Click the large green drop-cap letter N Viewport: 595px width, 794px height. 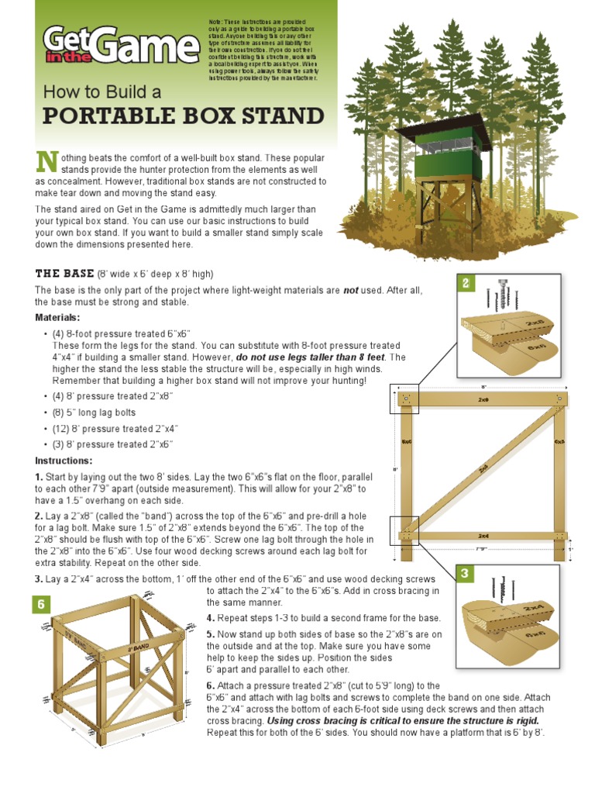[x=47, y=162]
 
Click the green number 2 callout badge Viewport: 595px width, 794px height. [x=466, y=284]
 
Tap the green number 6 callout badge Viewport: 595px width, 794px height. [x=41, y=605]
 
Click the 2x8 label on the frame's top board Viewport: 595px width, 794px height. [x=483, y=400]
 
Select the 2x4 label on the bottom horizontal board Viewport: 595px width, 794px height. [x=483, y=536]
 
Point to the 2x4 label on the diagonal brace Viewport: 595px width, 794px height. [x=484, y=468]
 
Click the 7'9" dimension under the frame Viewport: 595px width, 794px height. [x=483, y=549]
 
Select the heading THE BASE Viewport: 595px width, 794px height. [x=65, y=274]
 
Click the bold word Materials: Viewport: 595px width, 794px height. [x=57, y=317]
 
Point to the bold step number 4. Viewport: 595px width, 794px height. [x=210, y=618]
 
